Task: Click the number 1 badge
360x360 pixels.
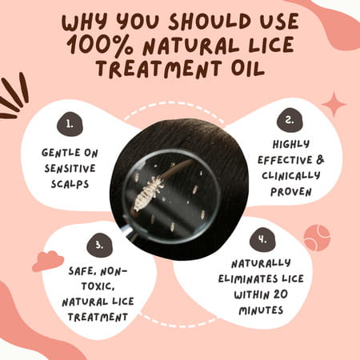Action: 70,124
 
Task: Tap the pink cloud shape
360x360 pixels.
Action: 47,261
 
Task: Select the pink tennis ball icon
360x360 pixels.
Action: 316,237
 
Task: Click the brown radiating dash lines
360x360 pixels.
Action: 18,97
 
